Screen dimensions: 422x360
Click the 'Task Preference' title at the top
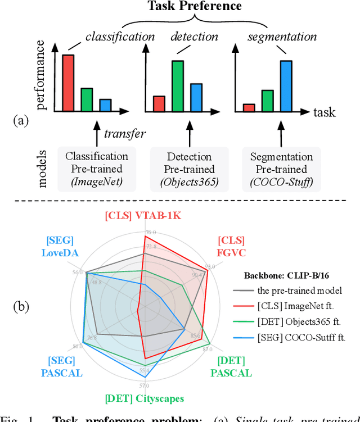point(194,7)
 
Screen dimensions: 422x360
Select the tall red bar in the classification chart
point(68,83)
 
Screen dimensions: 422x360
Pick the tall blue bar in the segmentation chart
point(286,85)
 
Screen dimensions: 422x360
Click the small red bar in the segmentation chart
point(249,107)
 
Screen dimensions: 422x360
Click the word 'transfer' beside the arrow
point(124,134)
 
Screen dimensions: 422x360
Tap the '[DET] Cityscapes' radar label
point(144,400)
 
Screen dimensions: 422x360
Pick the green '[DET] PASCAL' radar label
point(231,367)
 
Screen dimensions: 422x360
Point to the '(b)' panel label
point(22,307)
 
